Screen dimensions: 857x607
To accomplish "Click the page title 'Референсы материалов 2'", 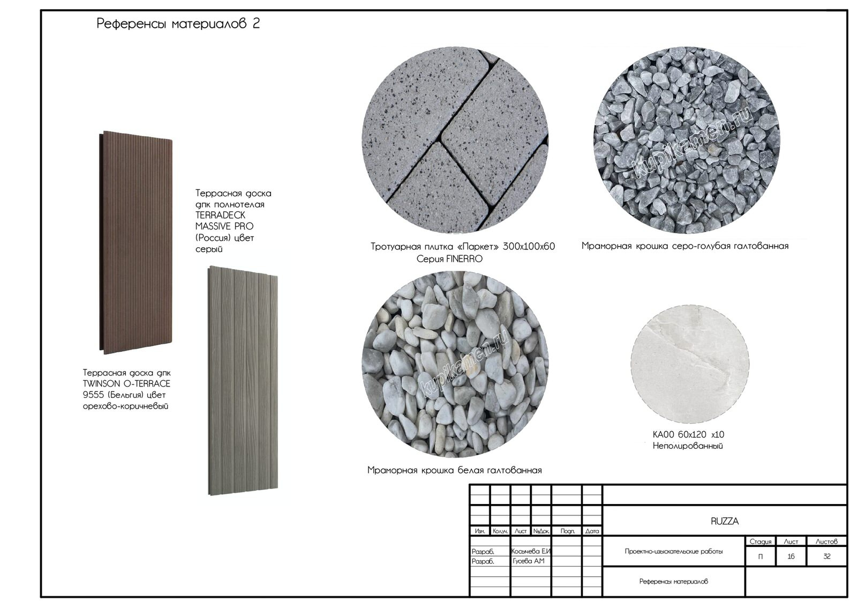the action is pyautogui.click(x=178, y=24).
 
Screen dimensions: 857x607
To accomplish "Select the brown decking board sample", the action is pyautogui.click(x=136, y=242).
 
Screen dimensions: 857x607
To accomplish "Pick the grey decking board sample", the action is pyautogui.click(x=243, y=380).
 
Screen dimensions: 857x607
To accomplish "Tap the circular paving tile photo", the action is pyautogui.click(x=455, y=140).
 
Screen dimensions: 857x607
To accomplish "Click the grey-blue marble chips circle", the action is pyautogui.click(x=687, y=140).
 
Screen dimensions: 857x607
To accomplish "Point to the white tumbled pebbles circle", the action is pyautogui.click(x=455, y=364).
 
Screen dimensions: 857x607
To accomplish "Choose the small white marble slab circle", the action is pyautogui.click(x=690, y=364).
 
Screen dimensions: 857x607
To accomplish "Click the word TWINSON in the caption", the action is pyautogui.click(x=101, y=384).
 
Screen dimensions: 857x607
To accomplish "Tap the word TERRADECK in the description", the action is pyautogui.click(x=220, y=215).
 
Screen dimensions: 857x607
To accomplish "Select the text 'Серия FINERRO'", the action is pyautogui.click(x=449, y=259).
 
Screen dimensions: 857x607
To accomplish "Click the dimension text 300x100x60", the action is pyautogui.click(x=529, y=246).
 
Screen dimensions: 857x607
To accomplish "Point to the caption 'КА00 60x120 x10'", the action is pyautogui.click(x=688, y=435).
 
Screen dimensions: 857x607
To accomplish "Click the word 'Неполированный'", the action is pyautogui.click(x=688, y=446).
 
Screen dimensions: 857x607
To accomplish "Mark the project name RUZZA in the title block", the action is pyautogui.click(x=725, y=521).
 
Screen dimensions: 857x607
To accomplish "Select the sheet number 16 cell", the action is pyautogui.click(x=791, y=556).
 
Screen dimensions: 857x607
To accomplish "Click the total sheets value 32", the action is pyautogui.click(x=827, y=556).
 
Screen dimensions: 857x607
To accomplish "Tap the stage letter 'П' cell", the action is pyautogui.click(x=760, y=557).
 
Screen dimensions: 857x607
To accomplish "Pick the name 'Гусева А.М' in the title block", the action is pyautogui.click(x=528, y=561).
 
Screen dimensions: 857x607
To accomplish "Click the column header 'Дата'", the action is pyautogui.click(x=592, y=531).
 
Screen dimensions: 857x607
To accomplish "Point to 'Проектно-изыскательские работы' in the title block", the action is pyautogui.click(x=674, y=551).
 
